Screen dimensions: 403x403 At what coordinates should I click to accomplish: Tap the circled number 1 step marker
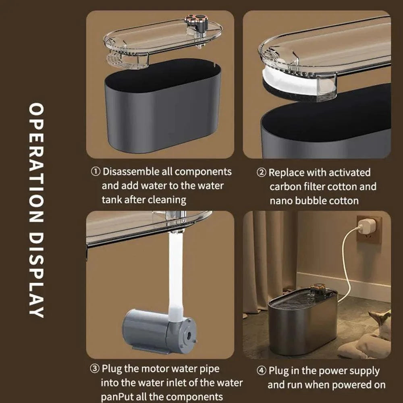pyautogui.click(x=96, y=172)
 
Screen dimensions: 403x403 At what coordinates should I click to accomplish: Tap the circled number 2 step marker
pyautogui.click(x=262, y=173)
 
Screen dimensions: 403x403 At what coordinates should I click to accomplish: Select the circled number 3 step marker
pyautogui.click(x=94, y=369)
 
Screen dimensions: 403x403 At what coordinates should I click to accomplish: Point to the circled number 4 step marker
pyautogui.click(x=261, y=371)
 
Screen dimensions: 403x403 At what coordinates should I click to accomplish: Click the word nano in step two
pyautogui.click(x=281, y=200)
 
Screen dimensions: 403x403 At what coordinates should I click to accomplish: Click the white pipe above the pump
pyautogui.click(x=176, y=274)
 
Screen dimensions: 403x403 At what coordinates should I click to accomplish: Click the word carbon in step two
pyautogui.click(x=284, y=187)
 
